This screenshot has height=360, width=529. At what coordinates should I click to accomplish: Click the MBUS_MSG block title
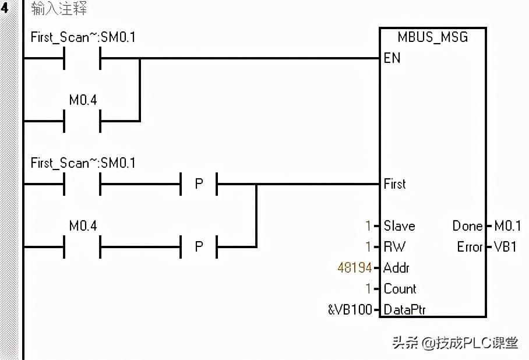pyautogui.click(x=432, y=37)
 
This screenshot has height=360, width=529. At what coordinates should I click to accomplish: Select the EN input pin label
pyautogui.click(x=392, y=58)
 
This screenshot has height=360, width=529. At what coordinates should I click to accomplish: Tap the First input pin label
pyautogui.click(x=394, y=184)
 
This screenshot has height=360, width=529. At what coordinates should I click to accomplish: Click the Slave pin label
pyautogui.click(x=399, y=226)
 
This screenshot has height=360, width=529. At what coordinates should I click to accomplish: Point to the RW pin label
pyautogui.click(x=394, y=247)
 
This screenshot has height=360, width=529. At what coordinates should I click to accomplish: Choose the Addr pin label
pyautogui.click(x=396, y=268)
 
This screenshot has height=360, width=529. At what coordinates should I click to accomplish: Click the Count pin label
pyautogui.click(x=400, y=289)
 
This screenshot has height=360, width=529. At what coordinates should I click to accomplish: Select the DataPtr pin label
pyautogui.click(x=404, y=310)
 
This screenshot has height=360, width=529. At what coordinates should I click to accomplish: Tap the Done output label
pyautogui.click(x=467, y=226)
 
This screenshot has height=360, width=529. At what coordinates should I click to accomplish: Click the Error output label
pyautogui.click(x=470, y=247)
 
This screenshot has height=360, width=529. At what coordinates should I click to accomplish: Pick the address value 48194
pyautogui.click(x=354, y=268)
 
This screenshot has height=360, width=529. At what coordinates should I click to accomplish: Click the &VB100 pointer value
pyautogui.click(x=350, y=310)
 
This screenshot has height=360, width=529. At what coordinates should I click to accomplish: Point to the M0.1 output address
pyautogui.click(x=507, y=226)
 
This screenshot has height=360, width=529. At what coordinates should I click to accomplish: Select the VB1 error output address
pyautogui.click(x=506, y=247)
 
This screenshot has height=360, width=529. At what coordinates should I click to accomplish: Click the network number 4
pyautogui.click(x=5, y=9)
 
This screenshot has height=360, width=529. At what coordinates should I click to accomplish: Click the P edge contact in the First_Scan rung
pyautogui.click(x=199, y=184)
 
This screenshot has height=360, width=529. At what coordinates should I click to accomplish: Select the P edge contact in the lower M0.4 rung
pyautogui.click(x=199, y=247)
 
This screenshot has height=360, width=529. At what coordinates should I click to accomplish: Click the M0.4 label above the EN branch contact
pyautogui.click(x=83, y=100)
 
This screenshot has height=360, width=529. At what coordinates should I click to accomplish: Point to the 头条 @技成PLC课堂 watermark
pyautogui.click(x=455, y=343)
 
